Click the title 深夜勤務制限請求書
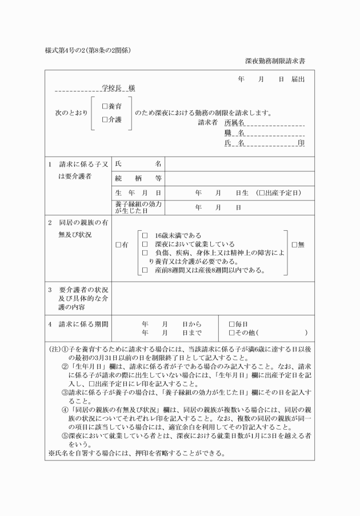coord(275,60)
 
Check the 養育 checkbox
coord(104,106)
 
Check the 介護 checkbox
coord(104,119)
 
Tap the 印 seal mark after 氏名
coord(301,143)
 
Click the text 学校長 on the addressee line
coord(111,89)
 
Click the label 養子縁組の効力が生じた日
coord(138,207)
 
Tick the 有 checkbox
coord(118,245)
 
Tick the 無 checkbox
coord(295,245)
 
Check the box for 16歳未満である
coord(145,235)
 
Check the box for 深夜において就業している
coord(145,244)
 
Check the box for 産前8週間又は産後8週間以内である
coord(145,270)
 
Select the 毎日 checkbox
coord(231,323)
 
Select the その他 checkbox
coord(231,333)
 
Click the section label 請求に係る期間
coord(83,324)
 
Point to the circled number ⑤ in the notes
coord(65,435)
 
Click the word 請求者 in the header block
coord(207,123)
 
